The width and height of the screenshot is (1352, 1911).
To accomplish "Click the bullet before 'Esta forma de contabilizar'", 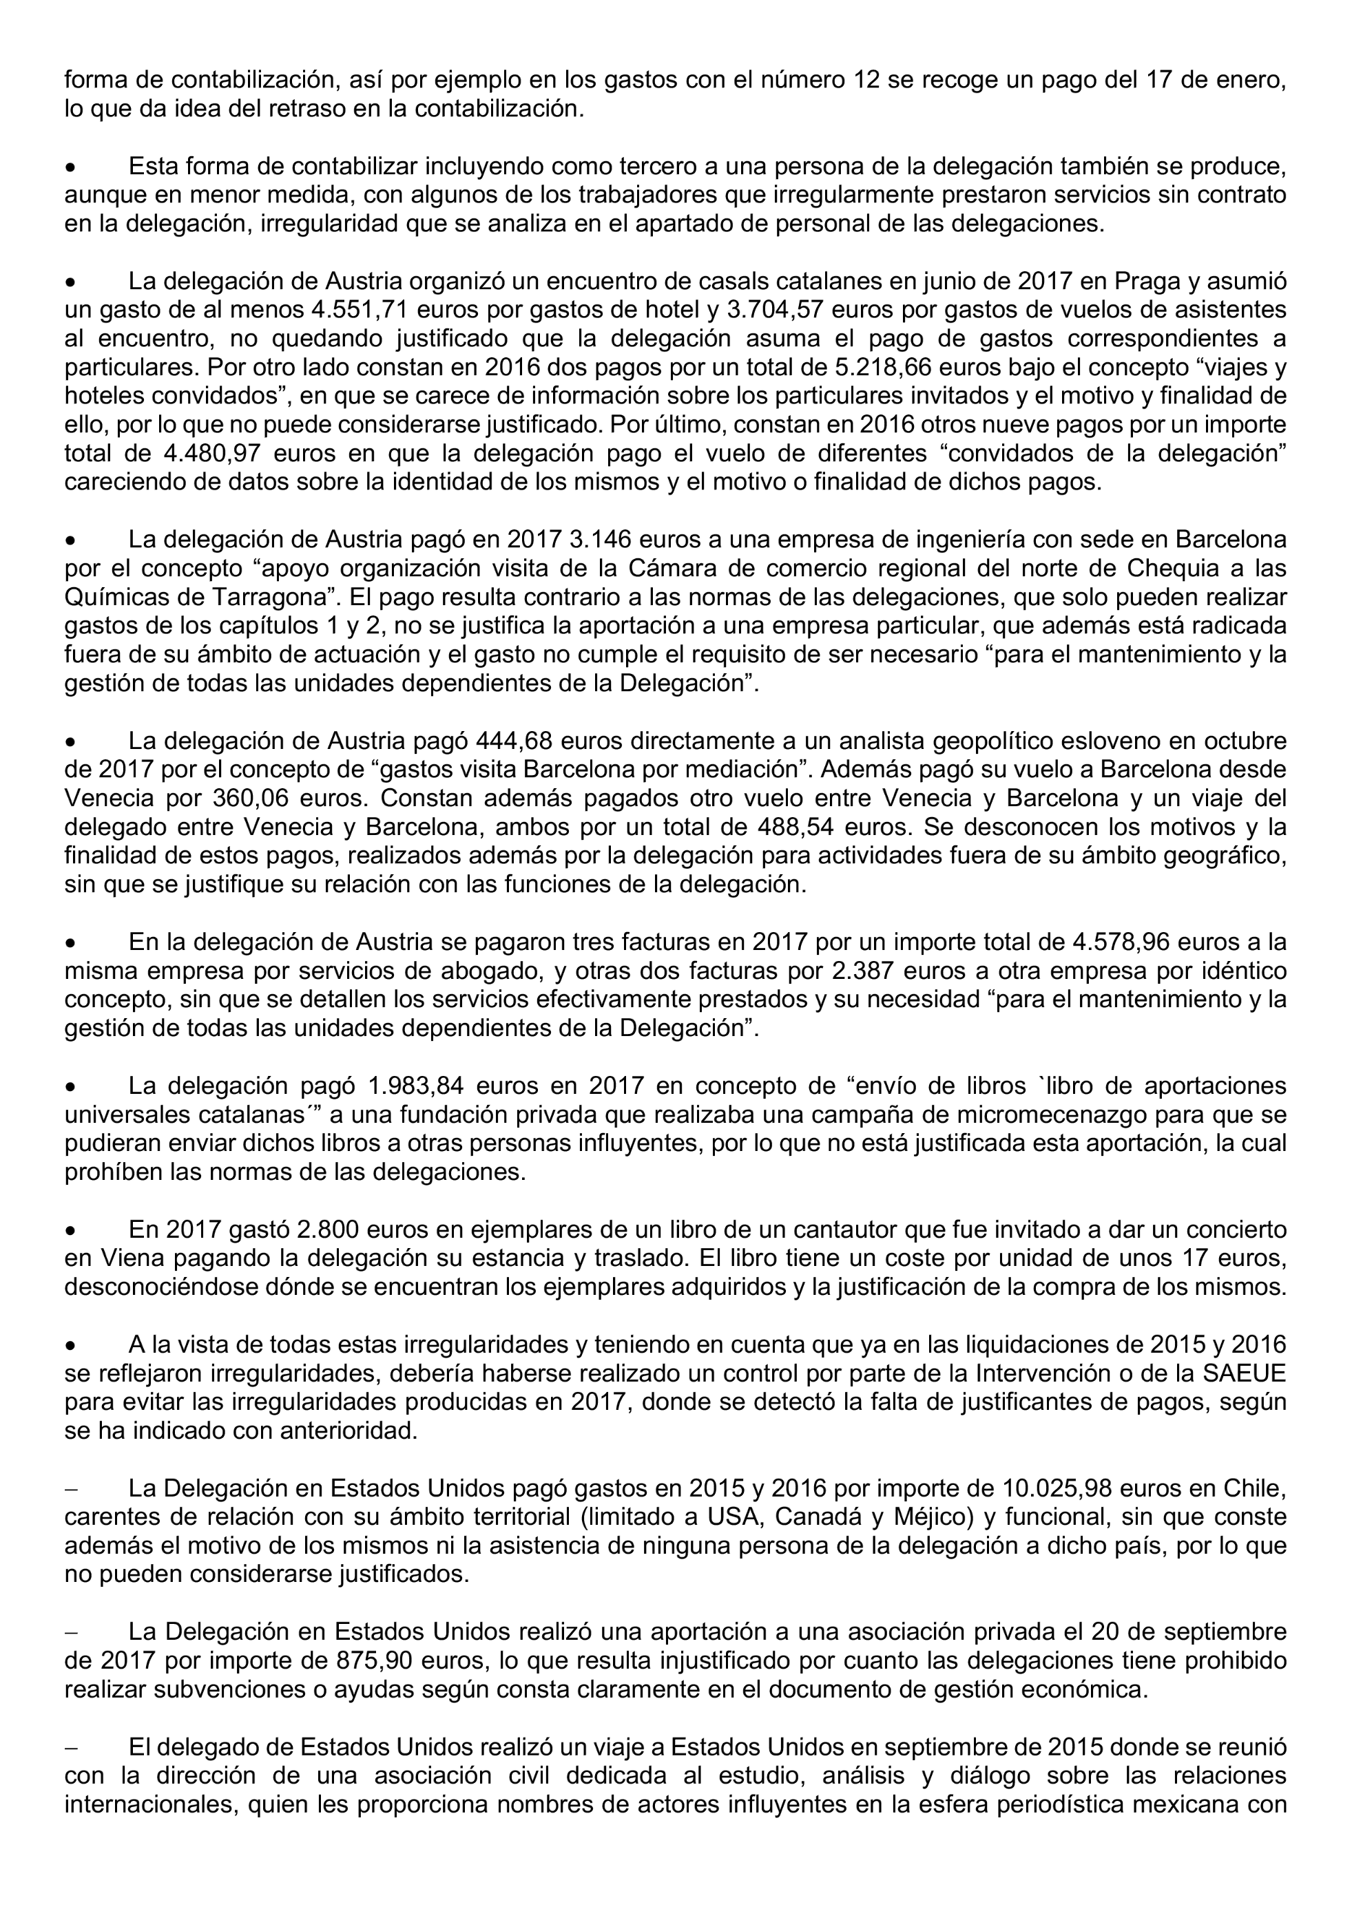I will (72, 168).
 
